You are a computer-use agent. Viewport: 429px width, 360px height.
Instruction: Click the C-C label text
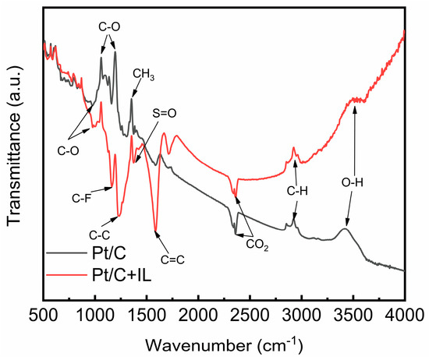point(99,233)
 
